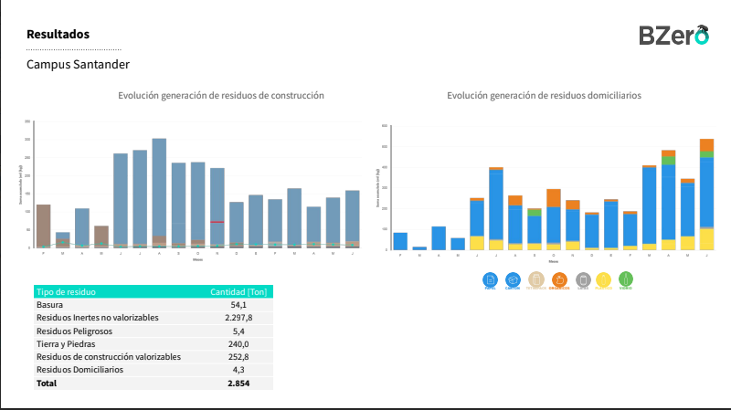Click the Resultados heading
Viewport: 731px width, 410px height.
[x=58, y=35]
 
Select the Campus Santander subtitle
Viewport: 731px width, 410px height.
[x=78, y=65]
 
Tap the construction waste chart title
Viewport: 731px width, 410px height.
[x=221, y=95]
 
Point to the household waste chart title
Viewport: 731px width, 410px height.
[x=544, y=95]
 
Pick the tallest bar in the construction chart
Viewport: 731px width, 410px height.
[x=159, y=193]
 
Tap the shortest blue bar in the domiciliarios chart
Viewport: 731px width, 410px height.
[x=419, y=247]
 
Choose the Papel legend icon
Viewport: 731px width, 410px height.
[x=490, y=279]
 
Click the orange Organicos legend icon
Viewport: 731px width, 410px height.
[x=559, y=279]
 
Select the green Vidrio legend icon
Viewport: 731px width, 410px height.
[x=626, y=279]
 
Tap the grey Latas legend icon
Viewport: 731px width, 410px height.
[x=583, y=279]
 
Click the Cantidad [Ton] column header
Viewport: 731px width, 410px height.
[x=238, y=292]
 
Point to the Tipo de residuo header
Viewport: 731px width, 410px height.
[x=66, y=292]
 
